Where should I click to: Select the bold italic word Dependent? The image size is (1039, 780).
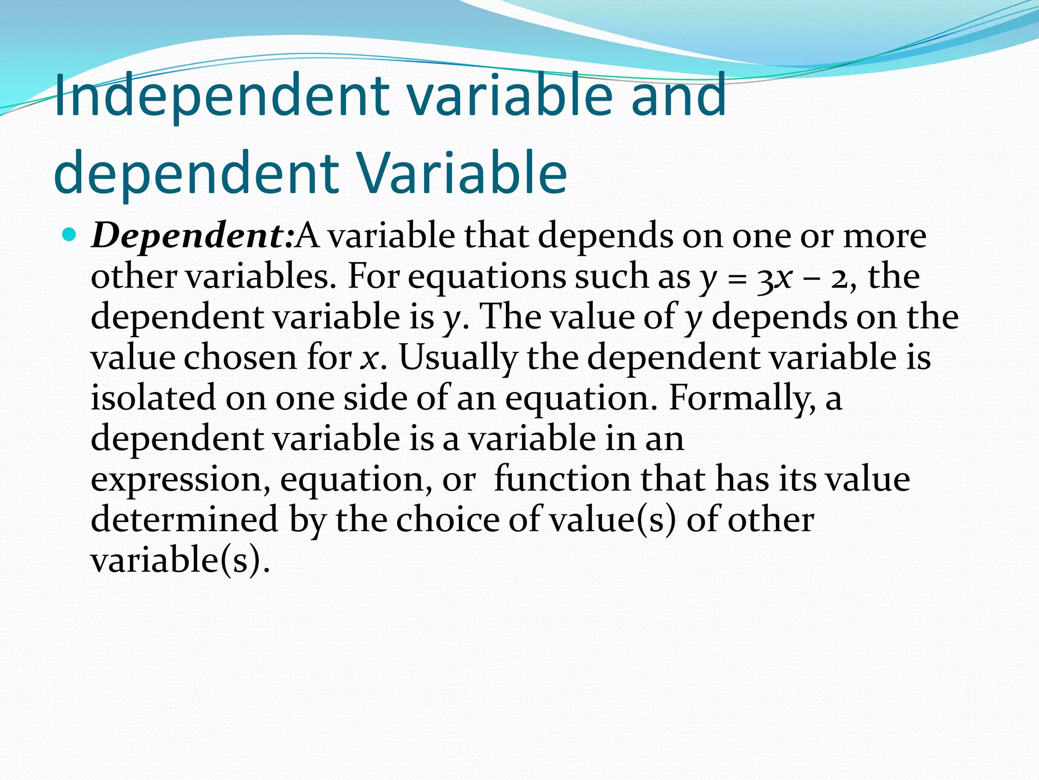point(192,236)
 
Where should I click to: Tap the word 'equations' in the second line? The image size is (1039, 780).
point(487,278)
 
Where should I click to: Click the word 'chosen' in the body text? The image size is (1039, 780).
point(240,358)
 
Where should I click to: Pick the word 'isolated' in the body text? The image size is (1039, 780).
point(153,398)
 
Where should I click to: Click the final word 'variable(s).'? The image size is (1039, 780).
point(180,561)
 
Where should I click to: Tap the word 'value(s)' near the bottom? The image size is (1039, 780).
point(613,521)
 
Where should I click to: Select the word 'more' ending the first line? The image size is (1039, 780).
point(884,236)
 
